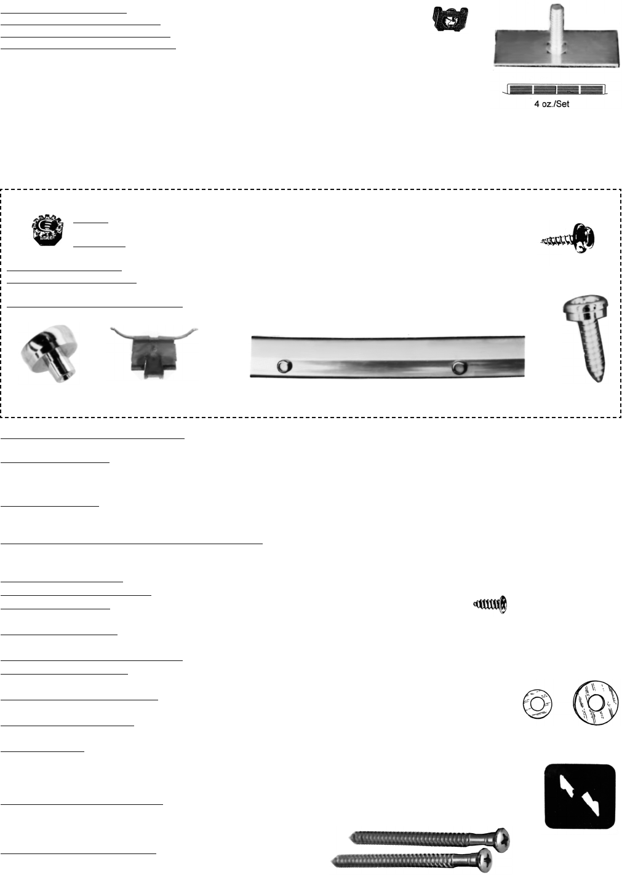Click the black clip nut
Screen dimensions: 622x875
coord(450,18)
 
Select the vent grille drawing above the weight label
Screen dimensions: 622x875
coord(555,89)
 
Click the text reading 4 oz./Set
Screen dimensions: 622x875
coord(552,104)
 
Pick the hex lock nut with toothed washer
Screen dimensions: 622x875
coord(47,230)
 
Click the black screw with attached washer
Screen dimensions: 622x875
coord(569,239)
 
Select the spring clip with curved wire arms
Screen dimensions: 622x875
coord(154,351)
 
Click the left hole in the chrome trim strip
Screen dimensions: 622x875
coord(285,366)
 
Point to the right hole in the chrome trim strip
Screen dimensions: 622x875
coord(460,367)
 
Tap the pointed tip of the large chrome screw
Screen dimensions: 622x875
coord(599,379)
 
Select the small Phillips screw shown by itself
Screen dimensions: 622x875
coord(490,604)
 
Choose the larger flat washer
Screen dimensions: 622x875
coord(596,703)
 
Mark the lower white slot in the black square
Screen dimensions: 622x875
coord(591,805)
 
